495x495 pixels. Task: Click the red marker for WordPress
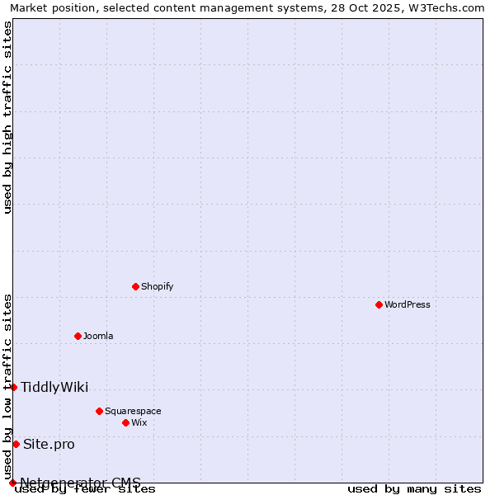point(379,304)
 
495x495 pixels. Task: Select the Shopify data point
point(135,286)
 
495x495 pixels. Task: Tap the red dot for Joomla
point(78,336)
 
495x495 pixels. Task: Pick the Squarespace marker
point(99,411)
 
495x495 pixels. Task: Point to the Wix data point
point(125,422)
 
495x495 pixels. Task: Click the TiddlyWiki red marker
point(13,387)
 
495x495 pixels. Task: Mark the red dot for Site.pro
point(16,444)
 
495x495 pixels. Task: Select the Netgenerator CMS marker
point(12,483)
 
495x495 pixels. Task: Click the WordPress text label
point(408,304)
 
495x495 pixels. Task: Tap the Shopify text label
point(157,286)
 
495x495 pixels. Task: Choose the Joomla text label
point(98,336)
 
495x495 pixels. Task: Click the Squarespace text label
point(133,411)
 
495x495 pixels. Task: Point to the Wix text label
point(139,422)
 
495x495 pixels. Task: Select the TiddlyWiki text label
point(54,388)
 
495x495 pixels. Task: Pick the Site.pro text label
point(49,445)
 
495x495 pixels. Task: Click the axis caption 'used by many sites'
point(414,489)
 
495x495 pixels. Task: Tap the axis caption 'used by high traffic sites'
point(8,117)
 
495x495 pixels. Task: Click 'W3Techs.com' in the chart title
point(449,7)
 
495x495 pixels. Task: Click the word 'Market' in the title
point(29,7)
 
